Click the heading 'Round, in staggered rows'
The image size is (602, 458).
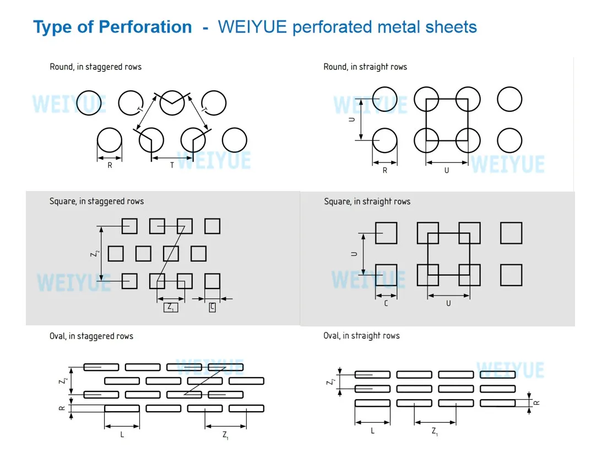coord(95,67)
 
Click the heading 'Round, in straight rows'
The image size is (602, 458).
coord(365,67)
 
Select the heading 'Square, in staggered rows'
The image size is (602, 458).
coord(96,201)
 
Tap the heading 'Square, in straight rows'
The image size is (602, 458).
coord(367,201)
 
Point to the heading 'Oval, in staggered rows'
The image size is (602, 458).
coord(91,336)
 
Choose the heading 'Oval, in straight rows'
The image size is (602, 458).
coord(361,336)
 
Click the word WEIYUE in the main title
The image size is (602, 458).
coord(252,27)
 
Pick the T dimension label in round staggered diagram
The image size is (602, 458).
coord(172,165)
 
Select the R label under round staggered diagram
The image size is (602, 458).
coord(110,165)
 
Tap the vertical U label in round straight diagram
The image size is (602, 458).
coord(352,119)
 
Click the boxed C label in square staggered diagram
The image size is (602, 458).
coord(213,307)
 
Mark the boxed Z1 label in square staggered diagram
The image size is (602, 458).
coord(171,307)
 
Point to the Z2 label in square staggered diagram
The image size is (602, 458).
coord(95,253)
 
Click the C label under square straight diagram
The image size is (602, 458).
coord(386,303)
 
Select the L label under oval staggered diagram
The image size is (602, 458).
coord(122,435)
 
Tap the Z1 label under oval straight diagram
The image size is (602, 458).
coord(435,432)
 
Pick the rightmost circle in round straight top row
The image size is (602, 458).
coord(509,100)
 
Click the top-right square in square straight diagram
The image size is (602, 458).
coord(511,233)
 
